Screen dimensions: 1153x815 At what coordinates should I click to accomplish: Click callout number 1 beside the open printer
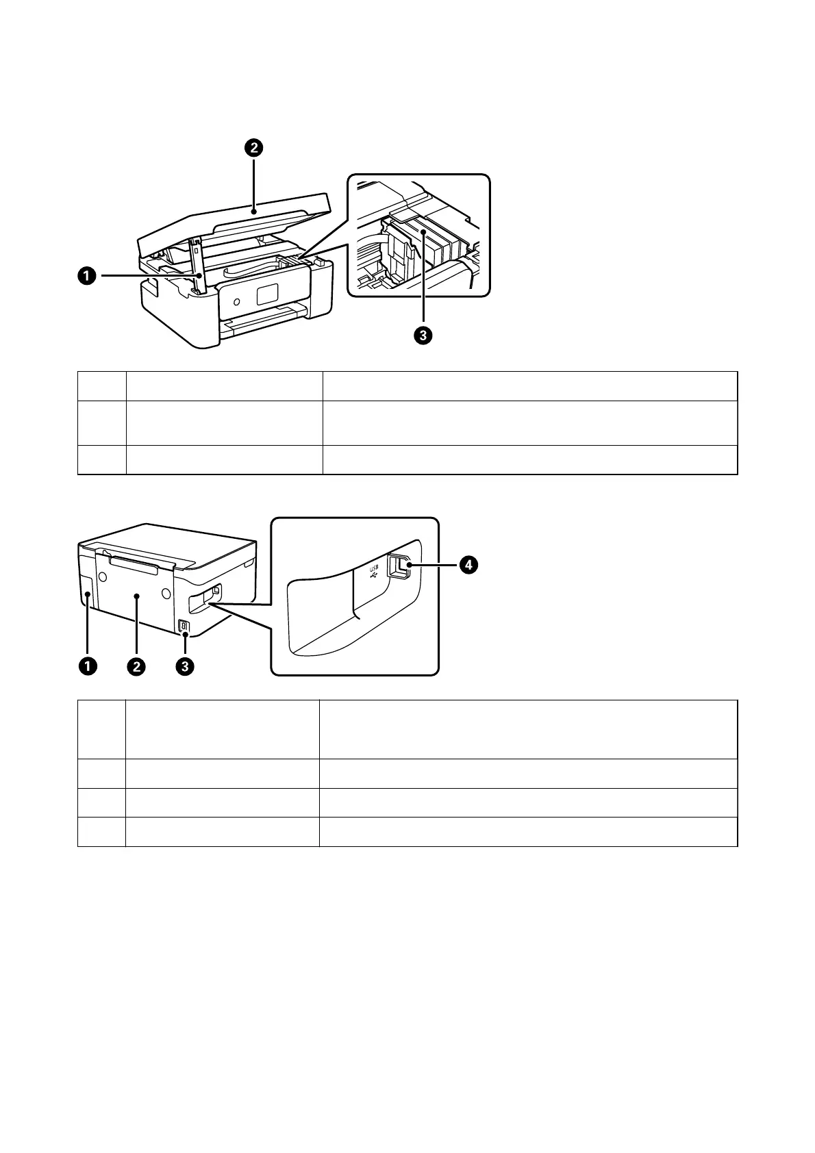tap(87, 277)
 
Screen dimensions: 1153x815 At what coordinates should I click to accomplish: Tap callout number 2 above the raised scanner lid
tap(253, 148)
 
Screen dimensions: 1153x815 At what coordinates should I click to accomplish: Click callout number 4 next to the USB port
tap(468, 566)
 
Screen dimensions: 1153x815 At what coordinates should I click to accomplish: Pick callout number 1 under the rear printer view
tap(87, 665)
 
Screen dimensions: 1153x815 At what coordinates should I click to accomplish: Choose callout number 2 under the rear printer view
tap(136, 665)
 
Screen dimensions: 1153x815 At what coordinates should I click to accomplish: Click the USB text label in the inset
tap(374, 568)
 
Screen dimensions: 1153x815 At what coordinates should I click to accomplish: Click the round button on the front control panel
tap(236, 301)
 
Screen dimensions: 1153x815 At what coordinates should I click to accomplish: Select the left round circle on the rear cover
tap(103, 576)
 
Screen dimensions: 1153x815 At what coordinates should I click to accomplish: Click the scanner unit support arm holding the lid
tap(197, 264)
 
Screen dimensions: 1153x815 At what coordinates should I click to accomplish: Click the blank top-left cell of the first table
tap(101, 386)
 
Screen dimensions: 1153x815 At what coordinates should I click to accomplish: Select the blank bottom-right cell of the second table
tap(528, 831)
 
